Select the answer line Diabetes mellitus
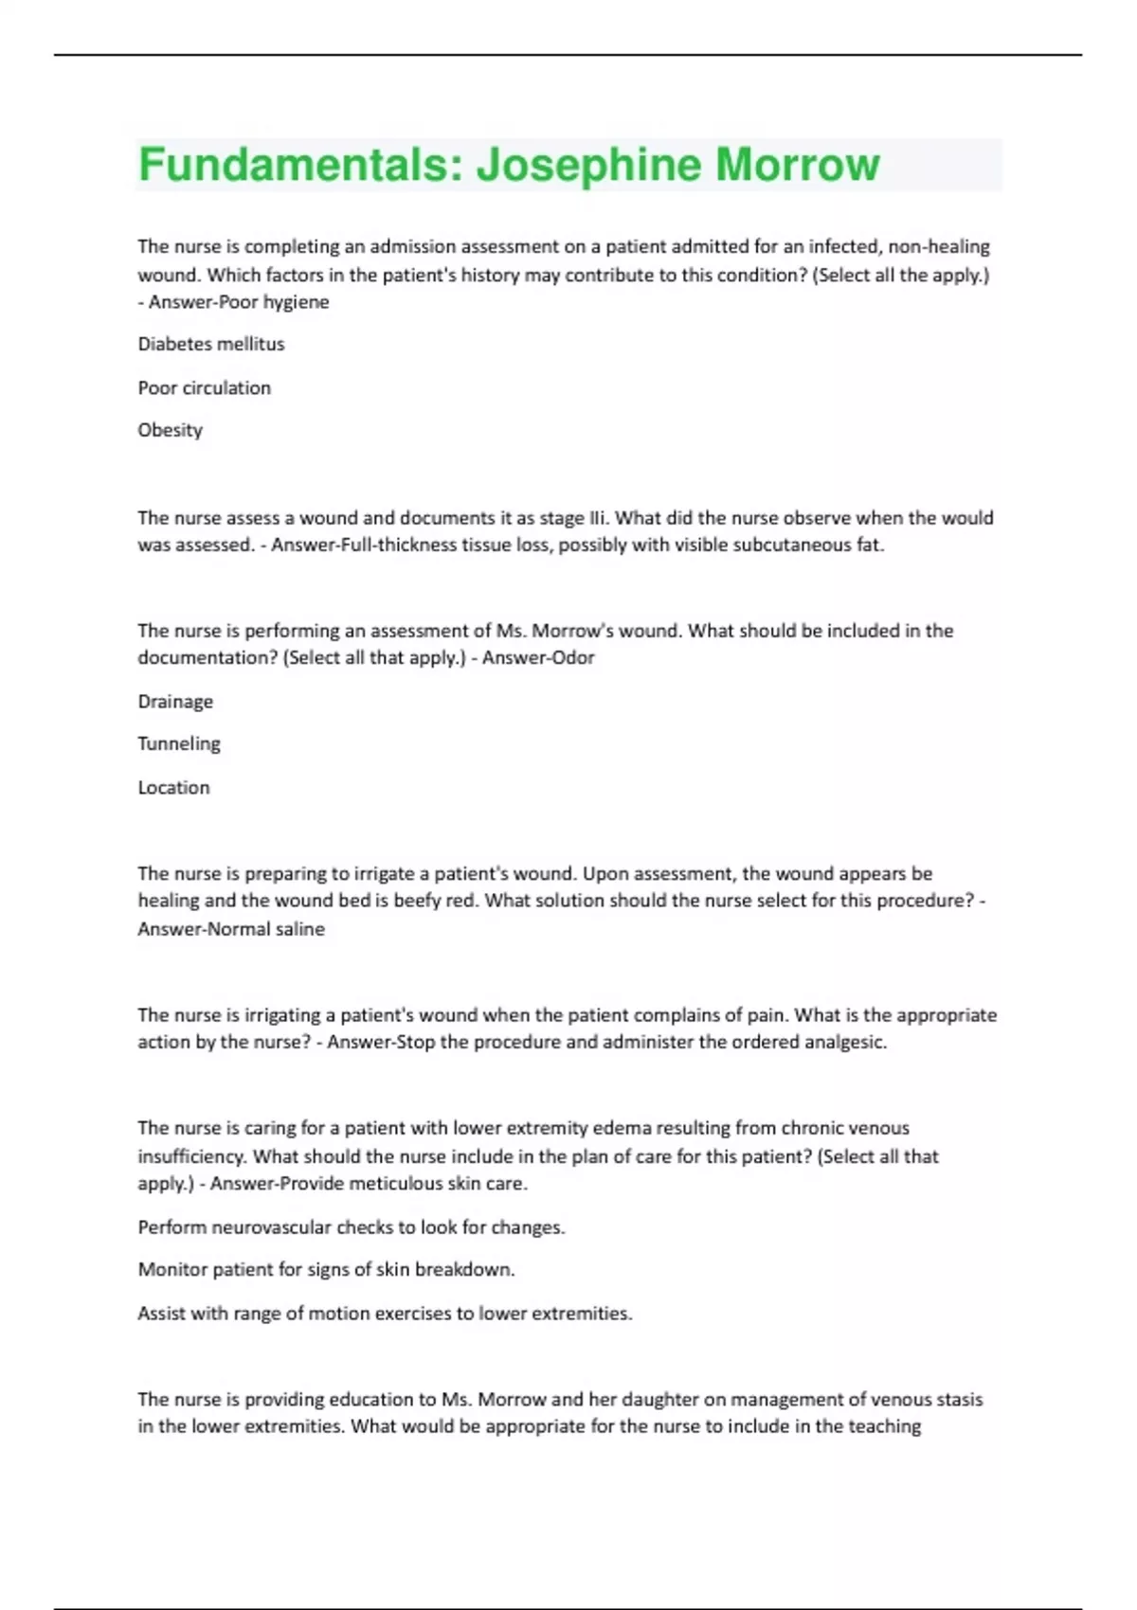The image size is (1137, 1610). click(x=211, y=345)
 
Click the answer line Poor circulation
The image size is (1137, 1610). click(x=205, y=388)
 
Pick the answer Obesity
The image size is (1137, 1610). click(x=171, y=430)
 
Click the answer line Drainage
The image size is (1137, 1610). click(x=175, y=702)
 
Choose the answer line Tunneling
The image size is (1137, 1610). click(x=179, y=744)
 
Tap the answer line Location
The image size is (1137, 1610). click(x=174, y=788)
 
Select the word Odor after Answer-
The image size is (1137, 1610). click(x=574, y=658)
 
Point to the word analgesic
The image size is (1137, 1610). click(x=845, y=1043)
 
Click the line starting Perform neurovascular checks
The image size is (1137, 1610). click(x=352, y=1227)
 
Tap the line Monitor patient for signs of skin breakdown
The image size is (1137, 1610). click(x=327, y=1270)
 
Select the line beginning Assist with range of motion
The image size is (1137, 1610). click(x=385, y=1314)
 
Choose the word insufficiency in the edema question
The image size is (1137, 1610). click(x=191, y=1156)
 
